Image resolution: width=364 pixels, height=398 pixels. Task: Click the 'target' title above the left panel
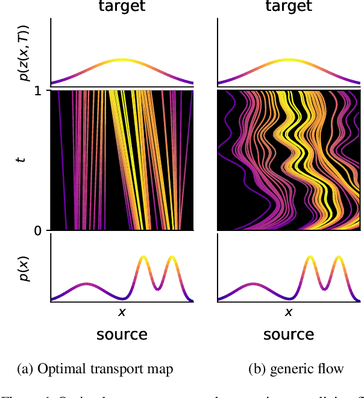(122, 7)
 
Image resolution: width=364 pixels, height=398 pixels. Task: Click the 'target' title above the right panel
(288, 7)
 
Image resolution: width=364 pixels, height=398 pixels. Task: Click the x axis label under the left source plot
(122, 312)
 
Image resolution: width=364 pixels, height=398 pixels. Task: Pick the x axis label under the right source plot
(288, 312)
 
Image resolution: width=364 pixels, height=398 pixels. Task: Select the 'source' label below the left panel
(122, 334)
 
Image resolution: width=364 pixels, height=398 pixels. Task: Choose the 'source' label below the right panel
(288, 334)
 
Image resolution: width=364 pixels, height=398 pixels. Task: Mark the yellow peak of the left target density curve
(122, 60)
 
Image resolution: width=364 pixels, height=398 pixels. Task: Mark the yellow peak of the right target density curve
(289, 60)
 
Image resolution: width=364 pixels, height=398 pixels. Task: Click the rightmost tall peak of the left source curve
(172, 257)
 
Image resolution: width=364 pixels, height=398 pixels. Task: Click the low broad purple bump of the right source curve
(253, 283)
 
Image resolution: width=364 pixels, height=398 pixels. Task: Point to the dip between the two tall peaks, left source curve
(157, 288)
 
